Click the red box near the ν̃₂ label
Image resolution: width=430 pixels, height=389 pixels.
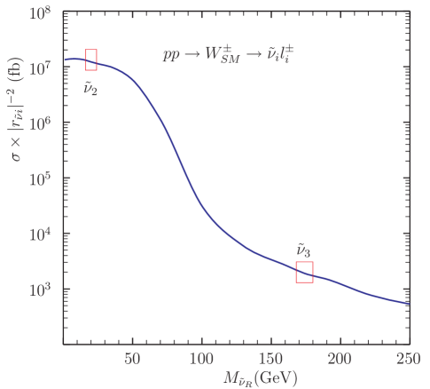coord(91,60)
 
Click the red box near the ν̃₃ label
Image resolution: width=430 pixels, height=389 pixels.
coord(305,272)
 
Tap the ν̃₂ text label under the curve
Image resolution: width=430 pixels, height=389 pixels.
coord(91,87)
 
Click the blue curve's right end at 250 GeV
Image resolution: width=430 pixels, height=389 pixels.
coord(409,304)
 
